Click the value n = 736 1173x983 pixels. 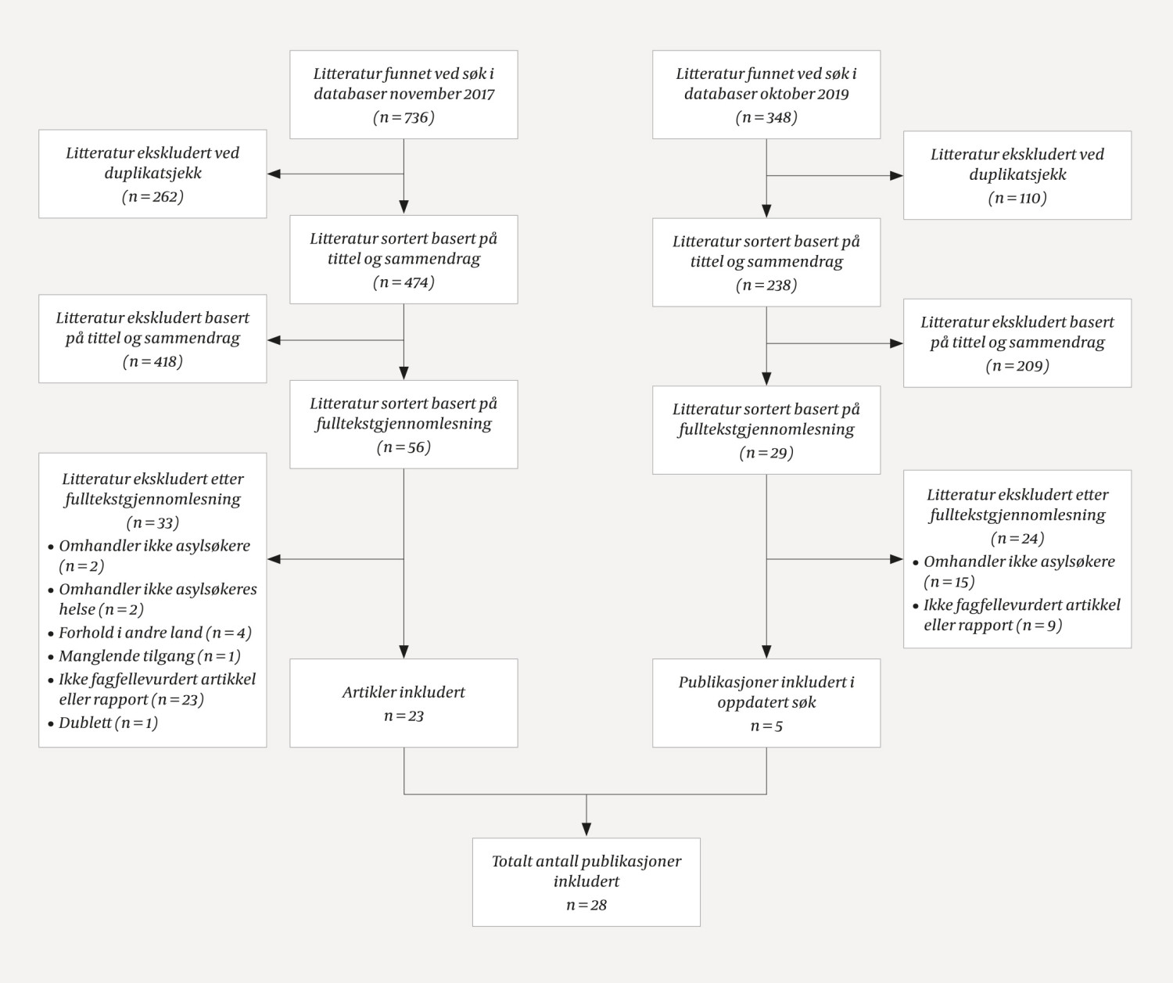404,118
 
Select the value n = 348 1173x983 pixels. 766,118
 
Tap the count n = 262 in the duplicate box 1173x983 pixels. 152,197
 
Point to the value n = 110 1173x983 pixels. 1017,199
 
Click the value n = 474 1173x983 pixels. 404,283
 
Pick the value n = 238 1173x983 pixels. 766,285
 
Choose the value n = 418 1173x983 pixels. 152,362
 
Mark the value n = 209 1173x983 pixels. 1017,366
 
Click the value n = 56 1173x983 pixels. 404,448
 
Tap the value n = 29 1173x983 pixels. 766,454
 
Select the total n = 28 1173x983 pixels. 586,906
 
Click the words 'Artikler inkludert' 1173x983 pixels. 404,692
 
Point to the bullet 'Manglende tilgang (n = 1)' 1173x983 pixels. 149,656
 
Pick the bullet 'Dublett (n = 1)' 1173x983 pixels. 108,723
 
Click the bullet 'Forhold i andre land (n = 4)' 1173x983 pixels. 155,633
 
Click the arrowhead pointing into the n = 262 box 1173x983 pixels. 274,174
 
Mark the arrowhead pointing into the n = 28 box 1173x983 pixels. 586,831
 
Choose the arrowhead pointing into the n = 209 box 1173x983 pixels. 897,343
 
